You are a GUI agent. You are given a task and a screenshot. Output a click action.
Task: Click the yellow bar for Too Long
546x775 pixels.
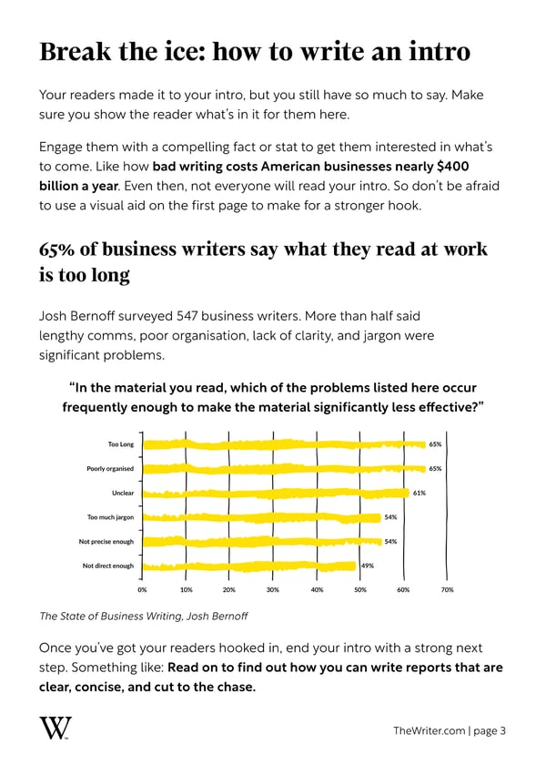pyautogui.click(x=282, y=444)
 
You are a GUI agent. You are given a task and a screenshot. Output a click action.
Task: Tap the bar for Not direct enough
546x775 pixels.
pyautogui.click(x=248, y=566)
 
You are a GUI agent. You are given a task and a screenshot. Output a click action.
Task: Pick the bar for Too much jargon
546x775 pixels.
pyautogui.click(x=261, y=517)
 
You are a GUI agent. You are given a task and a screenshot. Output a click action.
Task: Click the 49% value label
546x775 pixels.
pyautogui.click(x=369, y=566)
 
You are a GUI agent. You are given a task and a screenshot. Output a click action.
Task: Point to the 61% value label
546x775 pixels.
pyautogui.click(x=420, y=493)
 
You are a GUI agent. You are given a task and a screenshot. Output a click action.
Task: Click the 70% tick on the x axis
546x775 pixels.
pyautogui.click(x=447, y=590)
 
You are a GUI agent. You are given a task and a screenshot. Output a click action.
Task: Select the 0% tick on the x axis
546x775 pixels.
pyautogui.click(x=142, y=590)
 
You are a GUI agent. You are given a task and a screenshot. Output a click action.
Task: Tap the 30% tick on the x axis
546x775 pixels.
pyautogui.click(x=272, y=590)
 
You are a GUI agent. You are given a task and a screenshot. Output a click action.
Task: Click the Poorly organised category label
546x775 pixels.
pyautogui.click(x=110, y=469)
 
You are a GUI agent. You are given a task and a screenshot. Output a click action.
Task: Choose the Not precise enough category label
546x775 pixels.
pyautogui.click(x=107, y=542)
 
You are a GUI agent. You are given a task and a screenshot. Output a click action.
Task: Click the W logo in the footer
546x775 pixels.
pyautogui.click(x=56, y=729)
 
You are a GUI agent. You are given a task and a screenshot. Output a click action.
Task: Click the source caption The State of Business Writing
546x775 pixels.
pyautogui.click(x=109, y=616)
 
